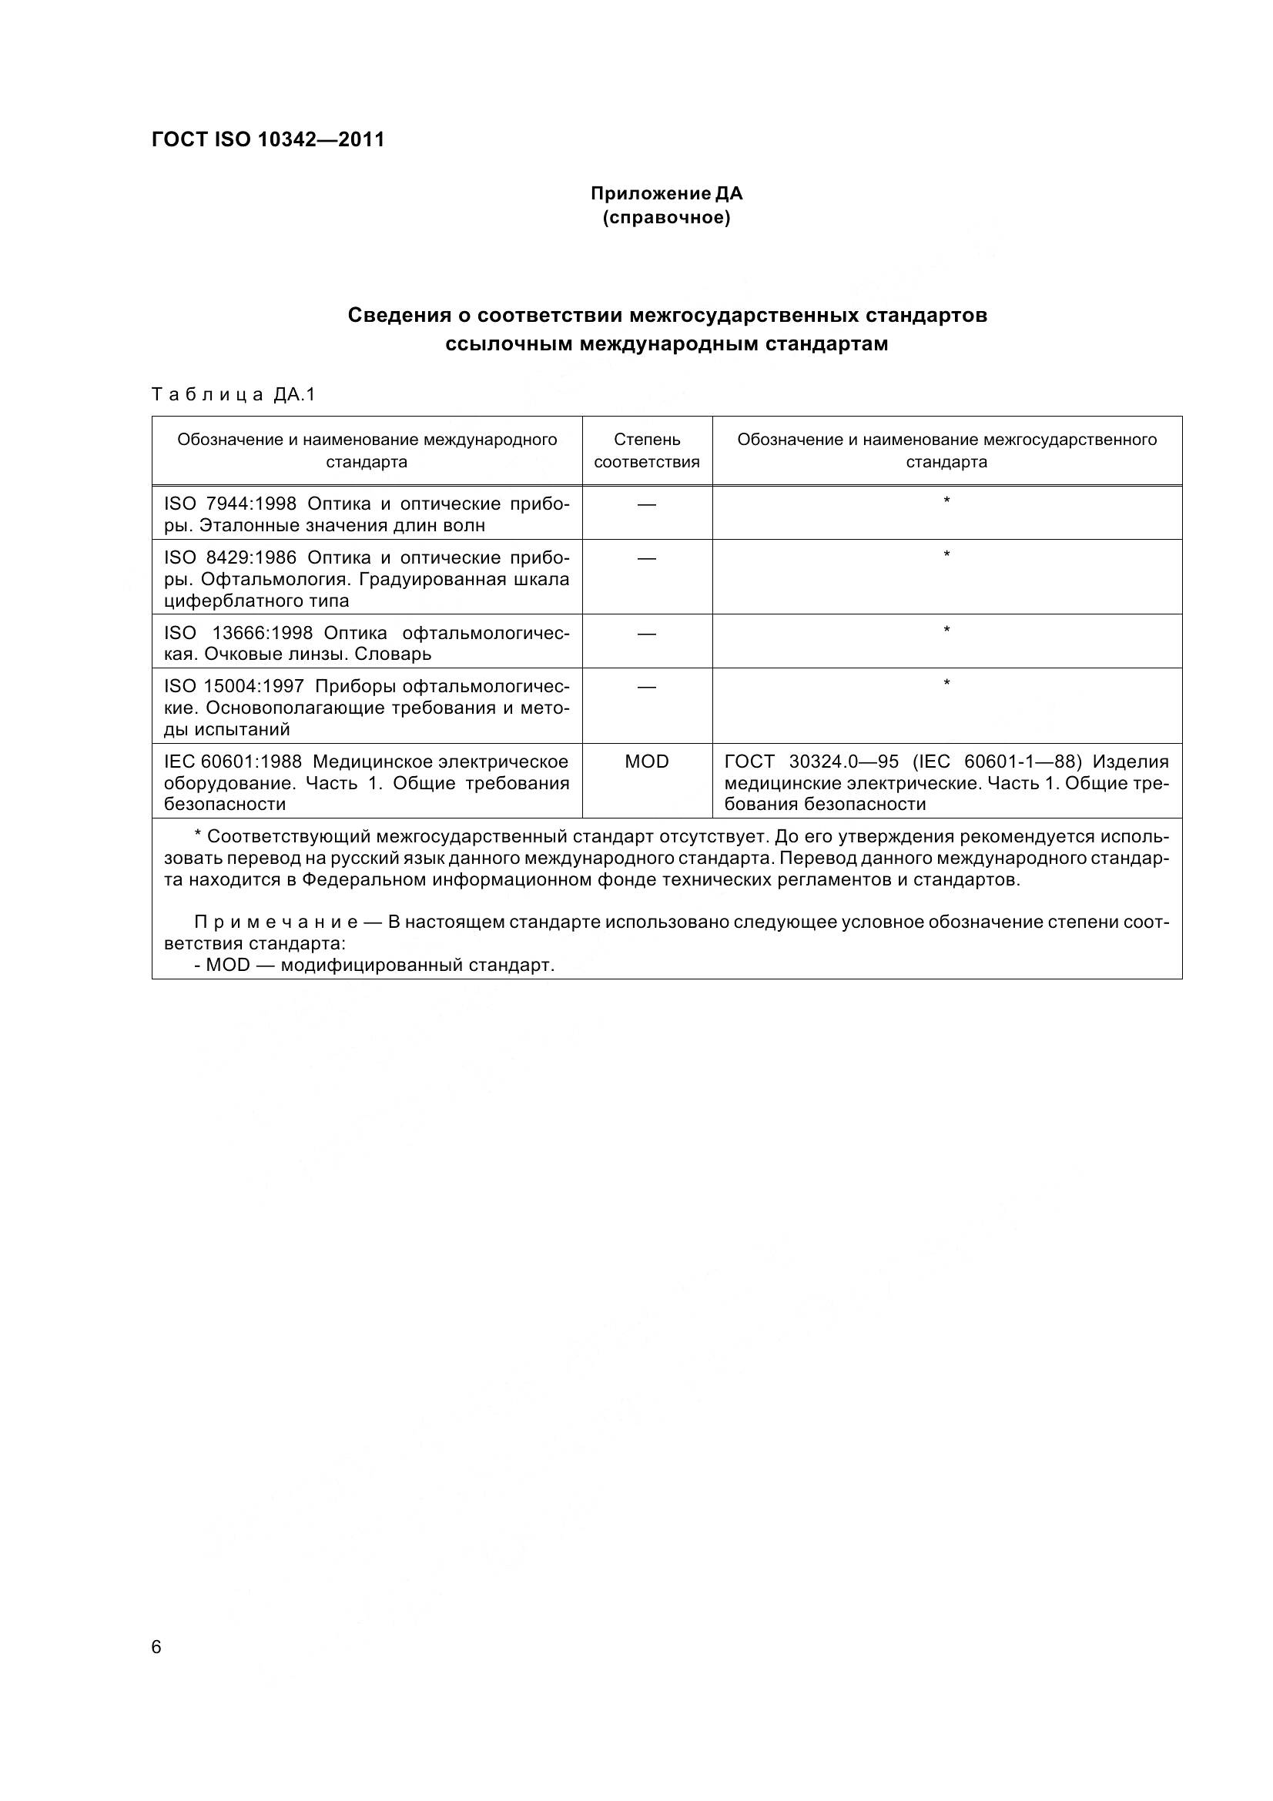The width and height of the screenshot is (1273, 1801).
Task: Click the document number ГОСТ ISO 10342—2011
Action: point(267,140)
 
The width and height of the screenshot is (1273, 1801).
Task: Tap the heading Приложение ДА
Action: point(666,194)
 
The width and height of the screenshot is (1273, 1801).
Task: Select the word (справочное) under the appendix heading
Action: point(666,218)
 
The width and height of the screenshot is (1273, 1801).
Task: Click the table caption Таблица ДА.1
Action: point(233,394)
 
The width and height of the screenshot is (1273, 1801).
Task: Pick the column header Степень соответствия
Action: point(646,451)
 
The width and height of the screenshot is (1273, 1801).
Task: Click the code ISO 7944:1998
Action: point(229,504)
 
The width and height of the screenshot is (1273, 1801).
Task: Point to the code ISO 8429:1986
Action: point(229,557)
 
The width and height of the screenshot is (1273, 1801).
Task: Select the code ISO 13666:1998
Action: point(239,633)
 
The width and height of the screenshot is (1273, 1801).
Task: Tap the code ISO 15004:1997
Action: point(234,686)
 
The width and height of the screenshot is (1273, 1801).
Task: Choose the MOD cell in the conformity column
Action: point(646,762)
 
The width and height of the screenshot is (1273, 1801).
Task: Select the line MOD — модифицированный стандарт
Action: point(374,966)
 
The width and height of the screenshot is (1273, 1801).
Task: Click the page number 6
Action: point(156,1647)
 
